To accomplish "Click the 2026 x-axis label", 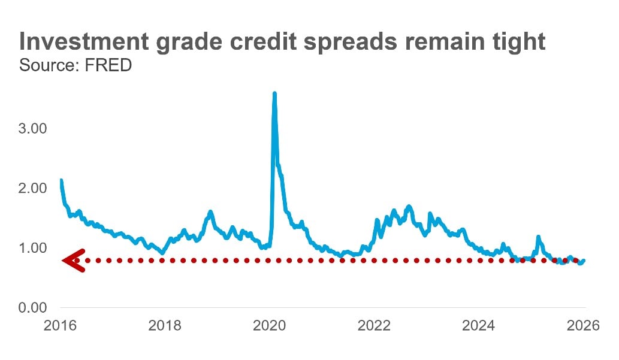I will [584, 326].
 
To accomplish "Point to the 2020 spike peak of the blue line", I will [274, 94].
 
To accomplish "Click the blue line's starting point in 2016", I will [61, 180].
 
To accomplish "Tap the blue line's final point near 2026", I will [584, 261].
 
